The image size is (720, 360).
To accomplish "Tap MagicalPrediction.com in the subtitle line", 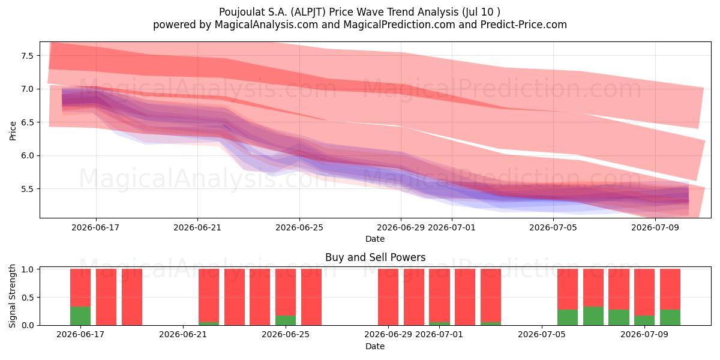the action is coord(399,25).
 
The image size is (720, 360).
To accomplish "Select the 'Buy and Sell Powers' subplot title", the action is coord(375,257).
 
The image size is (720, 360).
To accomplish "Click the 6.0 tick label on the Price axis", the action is coord(28,155).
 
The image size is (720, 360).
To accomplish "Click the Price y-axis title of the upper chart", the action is coord(13,131).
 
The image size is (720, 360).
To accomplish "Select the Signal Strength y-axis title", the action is coord(12,296).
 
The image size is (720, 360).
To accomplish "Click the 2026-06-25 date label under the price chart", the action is coord(299,227).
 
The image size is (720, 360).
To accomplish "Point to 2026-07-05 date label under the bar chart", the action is coord(542,335).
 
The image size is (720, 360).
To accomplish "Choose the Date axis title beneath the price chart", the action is coord(375,239).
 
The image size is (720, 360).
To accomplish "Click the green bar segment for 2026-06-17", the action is coord(80,316).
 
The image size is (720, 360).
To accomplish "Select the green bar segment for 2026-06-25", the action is coord(286,320).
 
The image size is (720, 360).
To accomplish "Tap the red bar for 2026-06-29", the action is coord(388,297).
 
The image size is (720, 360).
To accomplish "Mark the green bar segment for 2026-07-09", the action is coord(644,320).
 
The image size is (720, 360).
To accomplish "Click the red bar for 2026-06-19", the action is coord(132,297).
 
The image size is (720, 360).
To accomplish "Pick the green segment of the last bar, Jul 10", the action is coord(670,317).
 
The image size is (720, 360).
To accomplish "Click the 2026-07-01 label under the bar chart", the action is coord(439,335).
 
